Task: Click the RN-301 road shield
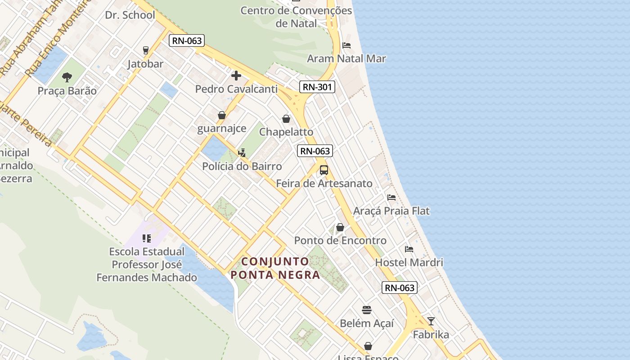click(317, 87)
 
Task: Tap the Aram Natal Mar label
click(346, 58)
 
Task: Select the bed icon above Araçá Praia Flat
click(391, 197)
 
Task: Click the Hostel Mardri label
click(409, 262)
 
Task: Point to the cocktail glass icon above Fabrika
click(431, 321)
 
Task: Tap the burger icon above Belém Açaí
click(367, 310)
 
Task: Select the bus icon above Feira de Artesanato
click(324, 170)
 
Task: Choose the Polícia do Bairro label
click(242, 166)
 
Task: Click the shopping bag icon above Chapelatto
click(286, 119)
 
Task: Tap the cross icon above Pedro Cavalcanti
click(236, 75)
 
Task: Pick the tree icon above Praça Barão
click(67, 77)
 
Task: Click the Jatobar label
click(145, 64)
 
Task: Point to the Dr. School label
click(130, 15)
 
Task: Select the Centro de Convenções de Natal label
click(296, 17)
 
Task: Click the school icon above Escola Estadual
click(146, 238)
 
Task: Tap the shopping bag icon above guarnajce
click(222, 115)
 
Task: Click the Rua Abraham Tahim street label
click(31, 38)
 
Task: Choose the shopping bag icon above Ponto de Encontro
click(340, 227)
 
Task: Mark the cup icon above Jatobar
click(145, 50)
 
